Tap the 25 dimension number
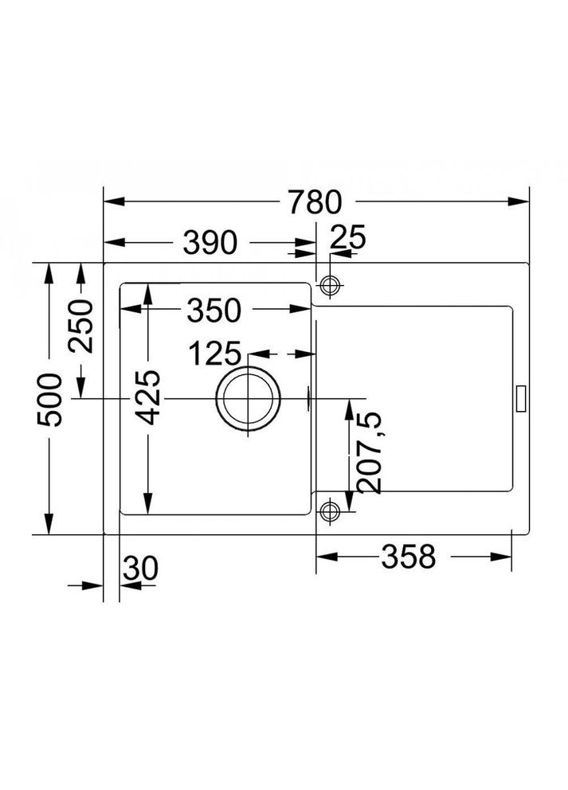(x=347, y=237)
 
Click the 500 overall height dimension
(x=51, y=398)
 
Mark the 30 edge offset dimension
(x=141, y=569)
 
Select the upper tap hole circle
(x=329, y=285)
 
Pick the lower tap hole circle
(x=329, y=510)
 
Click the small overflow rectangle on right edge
(x=523, y=398)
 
